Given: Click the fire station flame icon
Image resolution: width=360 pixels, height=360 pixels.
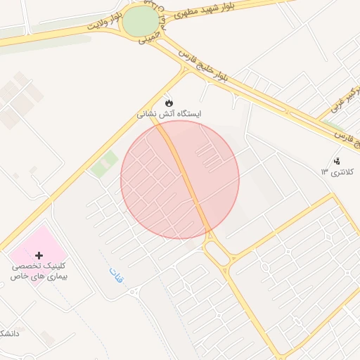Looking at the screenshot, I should click(x=169, y=101).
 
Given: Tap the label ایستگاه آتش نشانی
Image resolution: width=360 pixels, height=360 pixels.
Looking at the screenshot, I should click(x=169, y=112).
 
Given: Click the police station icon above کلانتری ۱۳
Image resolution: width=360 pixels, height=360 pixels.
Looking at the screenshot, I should click(x=336, y=160).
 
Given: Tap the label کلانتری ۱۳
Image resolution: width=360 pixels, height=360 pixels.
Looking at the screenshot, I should click(x=338, y=172).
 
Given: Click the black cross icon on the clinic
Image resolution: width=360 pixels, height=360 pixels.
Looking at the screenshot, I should click(x=39, y=255).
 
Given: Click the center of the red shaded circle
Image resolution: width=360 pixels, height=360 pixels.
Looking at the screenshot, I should click(x=180, y=180).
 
